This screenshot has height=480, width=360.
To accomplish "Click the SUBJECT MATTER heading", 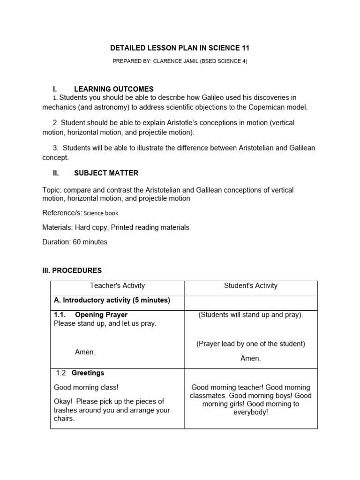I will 106,173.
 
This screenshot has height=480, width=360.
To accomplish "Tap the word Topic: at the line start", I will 52,190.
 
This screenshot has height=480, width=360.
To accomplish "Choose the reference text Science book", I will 101,213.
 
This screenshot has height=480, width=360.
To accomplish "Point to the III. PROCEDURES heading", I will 72,270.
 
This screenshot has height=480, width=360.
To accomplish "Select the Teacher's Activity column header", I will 117,285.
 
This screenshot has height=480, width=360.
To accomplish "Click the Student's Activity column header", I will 251,285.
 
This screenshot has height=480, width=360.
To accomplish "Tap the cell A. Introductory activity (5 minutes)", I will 112,300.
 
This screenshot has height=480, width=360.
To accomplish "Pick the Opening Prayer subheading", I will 101,315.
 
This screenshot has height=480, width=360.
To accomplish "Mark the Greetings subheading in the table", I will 88,373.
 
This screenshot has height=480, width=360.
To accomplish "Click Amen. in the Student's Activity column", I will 250,358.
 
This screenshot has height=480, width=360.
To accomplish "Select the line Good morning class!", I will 86,387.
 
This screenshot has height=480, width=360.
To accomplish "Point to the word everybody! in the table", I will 251,412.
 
